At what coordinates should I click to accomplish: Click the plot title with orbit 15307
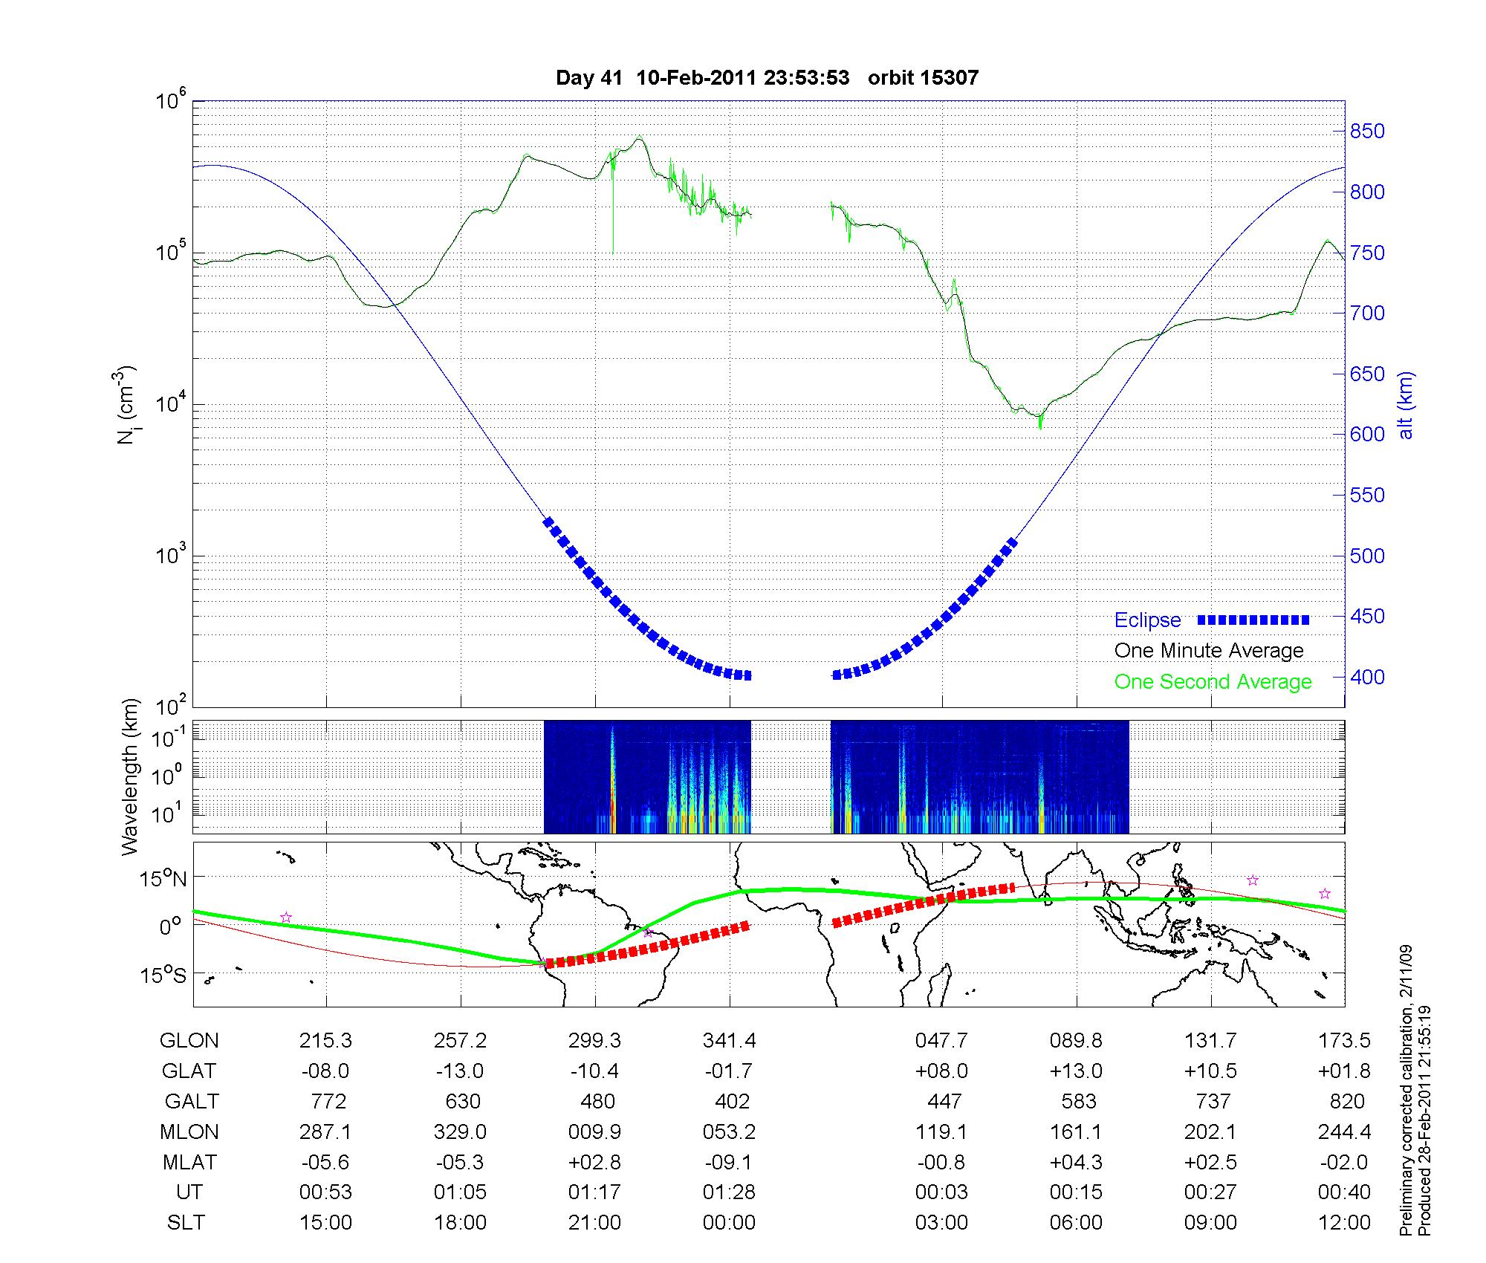coord(767,78)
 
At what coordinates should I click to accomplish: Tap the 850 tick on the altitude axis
coord(1368,132)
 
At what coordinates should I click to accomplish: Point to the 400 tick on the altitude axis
coord(1368,677)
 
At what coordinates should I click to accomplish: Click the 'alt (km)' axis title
coord(1406,405)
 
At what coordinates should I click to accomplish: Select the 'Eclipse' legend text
coord(1147,620)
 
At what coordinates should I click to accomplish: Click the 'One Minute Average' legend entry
coord(1209,651)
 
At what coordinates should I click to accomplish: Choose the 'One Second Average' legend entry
coord(1213,682)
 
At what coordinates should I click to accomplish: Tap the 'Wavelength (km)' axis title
coord(131,777)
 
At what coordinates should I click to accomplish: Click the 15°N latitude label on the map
coord(163,880)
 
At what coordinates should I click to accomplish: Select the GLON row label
coord(189,1041)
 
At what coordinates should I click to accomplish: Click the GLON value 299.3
coord(594,1041)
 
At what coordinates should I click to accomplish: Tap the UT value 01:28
coord(729,1192)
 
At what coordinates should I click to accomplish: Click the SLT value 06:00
coord(1076,1223)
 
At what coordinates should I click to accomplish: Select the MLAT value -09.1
coord(729,1162)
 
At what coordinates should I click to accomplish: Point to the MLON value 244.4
coord(1344,1132)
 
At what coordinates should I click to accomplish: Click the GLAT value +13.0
coord(1076,1071)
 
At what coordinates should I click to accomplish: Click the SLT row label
coord(186,1223)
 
